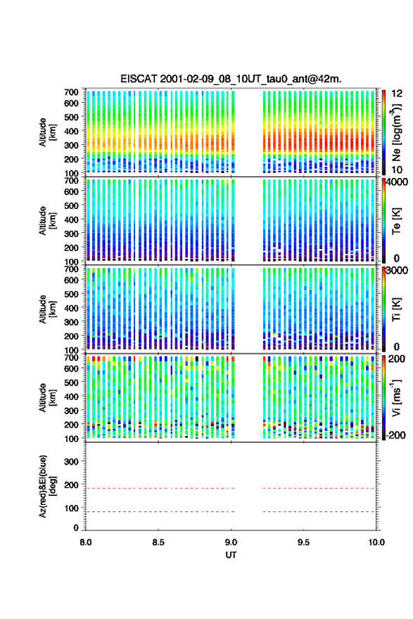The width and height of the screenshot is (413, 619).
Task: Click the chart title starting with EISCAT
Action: (231, 79)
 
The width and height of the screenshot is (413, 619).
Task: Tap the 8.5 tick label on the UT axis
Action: (158, 542)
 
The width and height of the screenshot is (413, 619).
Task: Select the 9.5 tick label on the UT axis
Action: (304, 542)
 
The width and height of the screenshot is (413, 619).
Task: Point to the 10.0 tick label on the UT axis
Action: (376, 542)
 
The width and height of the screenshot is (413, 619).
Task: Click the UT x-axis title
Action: (231, 555)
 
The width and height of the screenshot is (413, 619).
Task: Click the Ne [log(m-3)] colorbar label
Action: (396, 132)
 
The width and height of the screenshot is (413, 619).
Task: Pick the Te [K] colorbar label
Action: (396, 221)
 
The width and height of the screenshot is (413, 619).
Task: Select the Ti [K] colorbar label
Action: (396, 309)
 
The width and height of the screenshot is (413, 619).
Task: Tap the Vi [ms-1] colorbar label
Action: (396, 397)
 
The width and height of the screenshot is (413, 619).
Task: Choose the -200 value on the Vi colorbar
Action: (396, 435)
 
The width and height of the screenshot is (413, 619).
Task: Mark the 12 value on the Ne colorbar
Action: (398, 94)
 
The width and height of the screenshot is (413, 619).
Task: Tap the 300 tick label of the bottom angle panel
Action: (71, 461)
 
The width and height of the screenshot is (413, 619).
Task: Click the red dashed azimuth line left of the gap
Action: (160, 488)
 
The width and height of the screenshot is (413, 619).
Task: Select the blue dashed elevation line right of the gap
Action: (319, 511)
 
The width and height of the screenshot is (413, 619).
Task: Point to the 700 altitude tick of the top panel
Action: (71, 92)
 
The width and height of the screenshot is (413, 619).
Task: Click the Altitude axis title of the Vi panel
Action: (47, 397)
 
